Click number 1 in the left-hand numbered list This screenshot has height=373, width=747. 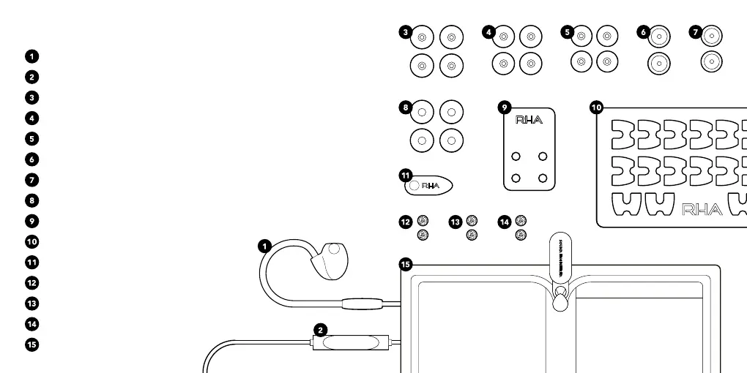31,56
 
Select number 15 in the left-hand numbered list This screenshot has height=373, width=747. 31,344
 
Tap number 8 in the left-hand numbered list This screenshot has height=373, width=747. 31,200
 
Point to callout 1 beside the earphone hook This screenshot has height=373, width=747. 264,246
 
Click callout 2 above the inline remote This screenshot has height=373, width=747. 321,330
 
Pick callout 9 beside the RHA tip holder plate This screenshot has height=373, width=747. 504,108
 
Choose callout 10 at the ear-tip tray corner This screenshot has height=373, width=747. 596,108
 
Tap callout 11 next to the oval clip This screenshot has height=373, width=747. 406,175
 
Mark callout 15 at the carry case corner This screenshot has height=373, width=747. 406,264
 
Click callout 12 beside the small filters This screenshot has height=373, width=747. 405,221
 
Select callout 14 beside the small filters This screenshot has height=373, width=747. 504,221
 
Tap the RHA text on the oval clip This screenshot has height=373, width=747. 430,186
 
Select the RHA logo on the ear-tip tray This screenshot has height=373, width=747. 702,211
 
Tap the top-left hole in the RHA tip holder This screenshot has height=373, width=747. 516,156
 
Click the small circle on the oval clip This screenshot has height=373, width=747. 414,186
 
